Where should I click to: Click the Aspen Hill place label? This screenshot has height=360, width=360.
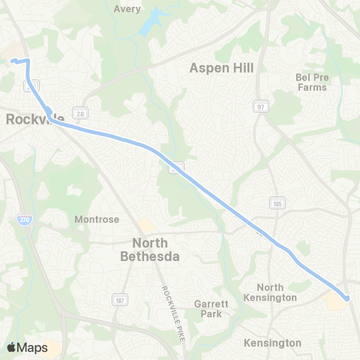point(221,67)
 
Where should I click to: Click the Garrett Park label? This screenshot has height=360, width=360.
point(207,309)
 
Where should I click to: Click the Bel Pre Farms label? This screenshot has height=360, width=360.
point(311,82)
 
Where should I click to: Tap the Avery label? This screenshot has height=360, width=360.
point(128,10)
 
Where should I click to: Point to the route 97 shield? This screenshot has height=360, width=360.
point(260,106)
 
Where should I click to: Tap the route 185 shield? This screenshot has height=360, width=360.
point(275,203)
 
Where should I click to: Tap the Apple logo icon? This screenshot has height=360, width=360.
point(11,347)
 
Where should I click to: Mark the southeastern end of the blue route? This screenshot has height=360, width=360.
point(348,299)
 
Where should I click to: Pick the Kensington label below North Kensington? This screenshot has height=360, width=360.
point(272,343)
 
